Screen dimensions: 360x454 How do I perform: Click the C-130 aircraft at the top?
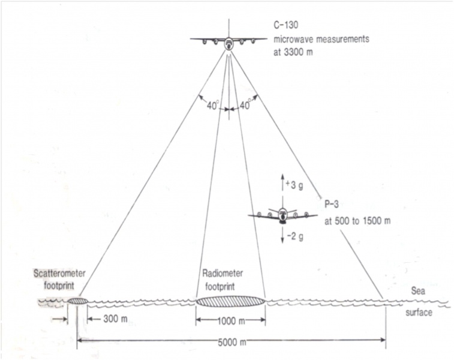[228, 41]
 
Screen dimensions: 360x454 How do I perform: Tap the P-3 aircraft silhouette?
[282, 215]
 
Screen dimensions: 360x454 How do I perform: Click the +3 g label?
[294, 187]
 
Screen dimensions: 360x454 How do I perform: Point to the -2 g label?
[294, 238]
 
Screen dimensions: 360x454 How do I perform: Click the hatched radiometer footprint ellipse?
[231, 301]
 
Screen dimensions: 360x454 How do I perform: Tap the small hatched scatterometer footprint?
[77, 300]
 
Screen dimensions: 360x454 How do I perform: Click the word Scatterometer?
[59, 274]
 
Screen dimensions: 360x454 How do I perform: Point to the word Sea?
[418, 290]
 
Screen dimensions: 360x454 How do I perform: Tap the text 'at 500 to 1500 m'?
[357, 220]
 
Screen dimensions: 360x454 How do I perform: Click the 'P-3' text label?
[332, 204]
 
